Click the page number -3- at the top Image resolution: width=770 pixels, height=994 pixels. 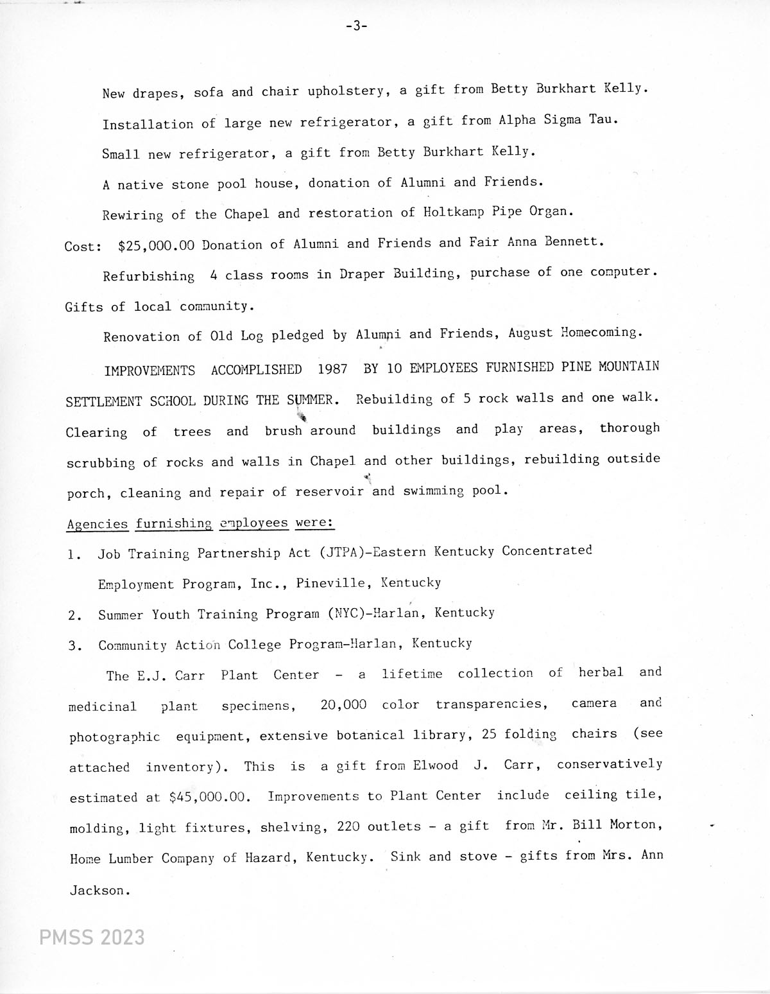click(356, 26)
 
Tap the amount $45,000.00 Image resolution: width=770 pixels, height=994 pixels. click(208, 797)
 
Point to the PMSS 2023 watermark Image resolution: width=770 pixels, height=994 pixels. click(92, 937)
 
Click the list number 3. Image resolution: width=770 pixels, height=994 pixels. click(74, 646)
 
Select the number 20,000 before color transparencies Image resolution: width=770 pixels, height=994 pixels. click(343, 704)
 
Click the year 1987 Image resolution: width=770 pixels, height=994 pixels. click(332, 369)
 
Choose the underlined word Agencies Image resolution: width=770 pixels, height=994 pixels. click(98, 524)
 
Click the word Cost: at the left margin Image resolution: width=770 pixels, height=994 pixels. click(83, 246)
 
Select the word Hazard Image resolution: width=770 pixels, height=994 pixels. click(268, 857)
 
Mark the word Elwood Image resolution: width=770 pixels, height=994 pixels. click(436, 765)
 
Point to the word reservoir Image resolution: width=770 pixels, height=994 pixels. click(329, 492)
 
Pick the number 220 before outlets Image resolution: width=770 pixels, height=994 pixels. click(348, 826)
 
